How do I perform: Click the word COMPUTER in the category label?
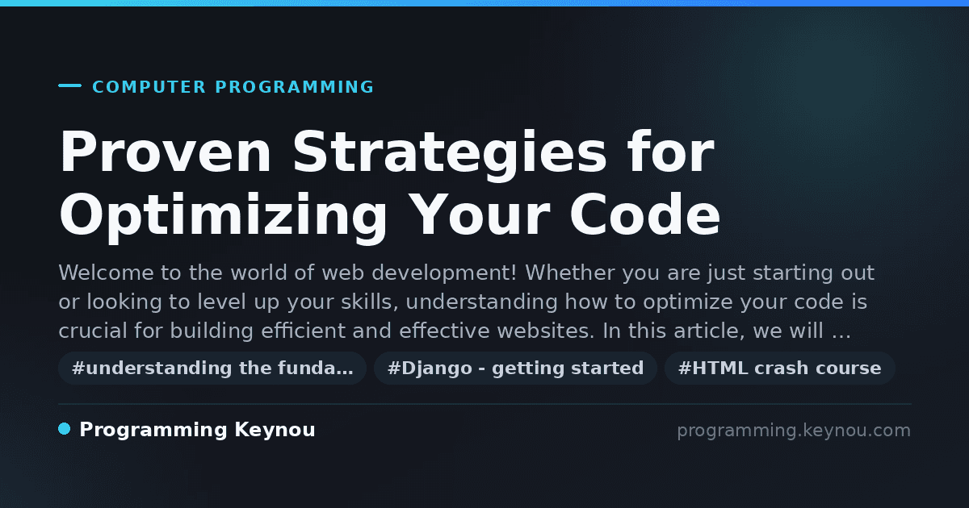(x=149, y=87)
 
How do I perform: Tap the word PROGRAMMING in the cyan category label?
(x=294, y=87)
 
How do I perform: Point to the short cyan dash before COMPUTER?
(x=69, y=85)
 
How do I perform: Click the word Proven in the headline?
(x=165, y=152)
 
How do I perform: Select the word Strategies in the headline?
(x=450, y=156)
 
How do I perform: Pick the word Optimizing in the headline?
(x=222, y=217)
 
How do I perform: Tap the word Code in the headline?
(x=644, y=214)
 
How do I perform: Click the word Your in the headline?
(x=480, y=214)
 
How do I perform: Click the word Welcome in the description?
(x=106, y=273)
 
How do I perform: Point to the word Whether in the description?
(x=570, y=273)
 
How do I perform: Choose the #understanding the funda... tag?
(x=212, y=368)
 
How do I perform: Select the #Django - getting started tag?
(x=515, y=368)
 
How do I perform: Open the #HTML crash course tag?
(x=779, y=368)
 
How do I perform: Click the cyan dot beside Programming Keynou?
(x=64, y=429)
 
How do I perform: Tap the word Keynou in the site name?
(x=275, y=431)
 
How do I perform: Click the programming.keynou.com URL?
(x=794, y=431)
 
